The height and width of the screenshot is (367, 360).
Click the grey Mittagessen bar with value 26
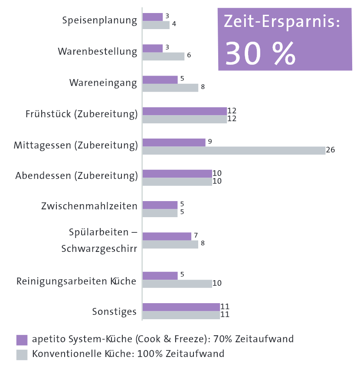click(x=234, y=150)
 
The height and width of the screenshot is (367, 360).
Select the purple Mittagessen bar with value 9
click(x=174, y=142)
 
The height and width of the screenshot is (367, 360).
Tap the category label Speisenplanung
click(x=100, y=20)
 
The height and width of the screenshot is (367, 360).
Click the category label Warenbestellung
click(x=98, y=52)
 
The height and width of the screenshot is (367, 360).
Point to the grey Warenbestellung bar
click(x=164, y=56)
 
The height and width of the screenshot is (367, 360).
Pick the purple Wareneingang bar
click(x=160, y=79)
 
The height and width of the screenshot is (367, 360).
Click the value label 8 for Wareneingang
click(x=203, y=87)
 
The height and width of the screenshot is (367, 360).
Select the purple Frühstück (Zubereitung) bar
click(x=184, y=111)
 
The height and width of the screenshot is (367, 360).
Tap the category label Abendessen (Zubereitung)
click(x=76, y=176)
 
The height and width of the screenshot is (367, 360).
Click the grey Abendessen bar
click(x=177, y=182)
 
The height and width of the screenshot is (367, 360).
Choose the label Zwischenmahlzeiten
click(x=89, y=206)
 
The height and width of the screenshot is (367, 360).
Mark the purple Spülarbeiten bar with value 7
click(x=167, y=236)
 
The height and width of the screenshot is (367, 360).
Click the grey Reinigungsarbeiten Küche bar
click(x=177, y=284)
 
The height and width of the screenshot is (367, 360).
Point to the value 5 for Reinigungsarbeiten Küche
click(x=182, y=274)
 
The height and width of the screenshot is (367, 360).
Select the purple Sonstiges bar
click(x=181, y=307)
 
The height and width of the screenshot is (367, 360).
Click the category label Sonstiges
click(x=114, y=312)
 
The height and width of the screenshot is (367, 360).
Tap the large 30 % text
click(x=261, y=53)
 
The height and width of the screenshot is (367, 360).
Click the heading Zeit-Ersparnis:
click(x=281, y=23)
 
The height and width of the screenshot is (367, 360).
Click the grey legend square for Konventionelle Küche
click(x=22, y=354)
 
